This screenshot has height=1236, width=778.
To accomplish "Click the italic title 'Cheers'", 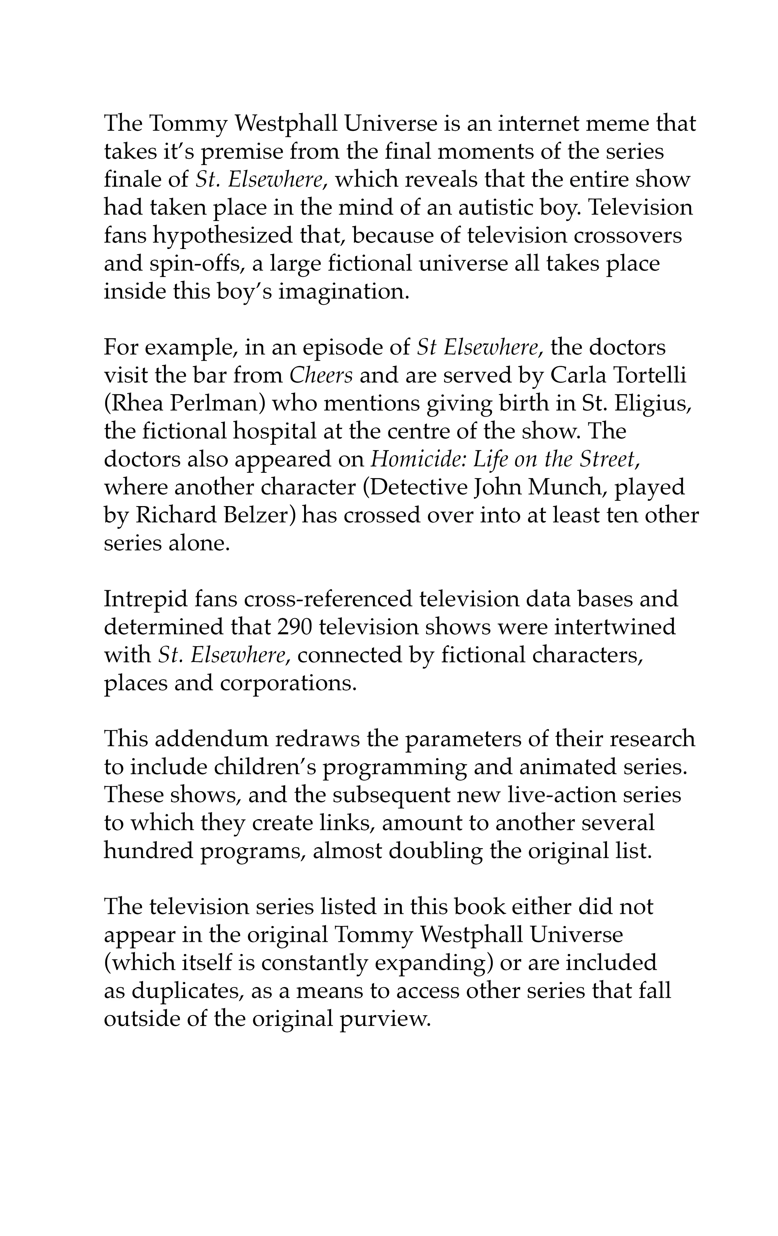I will point(321,376).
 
